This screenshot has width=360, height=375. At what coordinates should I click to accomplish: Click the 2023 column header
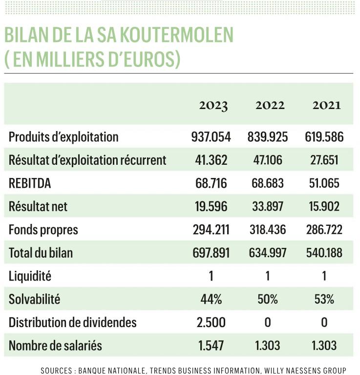213,106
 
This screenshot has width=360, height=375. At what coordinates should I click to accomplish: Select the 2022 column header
270,105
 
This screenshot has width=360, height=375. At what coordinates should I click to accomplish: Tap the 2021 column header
327,105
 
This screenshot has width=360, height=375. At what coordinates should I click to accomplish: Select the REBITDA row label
30,183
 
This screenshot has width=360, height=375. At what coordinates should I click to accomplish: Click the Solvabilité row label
34,299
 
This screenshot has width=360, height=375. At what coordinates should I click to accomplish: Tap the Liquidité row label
30,276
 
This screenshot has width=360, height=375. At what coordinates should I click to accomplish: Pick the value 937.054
211,137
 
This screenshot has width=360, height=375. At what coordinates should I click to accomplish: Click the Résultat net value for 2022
268,206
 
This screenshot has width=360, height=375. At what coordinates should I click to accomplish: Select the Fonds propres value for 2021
324,230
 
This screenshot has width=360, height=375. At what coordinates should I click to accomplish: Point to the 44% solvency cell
211,299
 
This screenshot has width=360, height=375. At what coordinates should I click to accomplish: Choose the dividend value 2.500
211,322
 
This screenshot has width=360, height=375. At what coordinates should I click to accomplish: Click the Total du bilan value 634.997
268,253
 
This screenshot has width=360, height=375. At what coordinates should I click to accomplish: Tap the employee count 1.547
211,346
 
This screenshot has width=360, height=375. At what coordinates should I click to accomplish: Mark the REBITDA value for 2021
324,183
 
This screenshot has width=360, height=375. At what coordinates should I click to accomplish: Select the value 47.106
268,160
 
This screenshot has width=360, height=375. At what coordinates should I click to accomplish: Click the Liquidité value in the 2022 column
268,276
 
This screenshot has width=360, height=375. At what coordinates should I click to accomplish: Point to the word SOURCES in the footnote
56,371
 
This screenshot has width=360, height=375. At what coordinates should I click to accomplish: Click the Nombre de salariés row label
55,346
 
